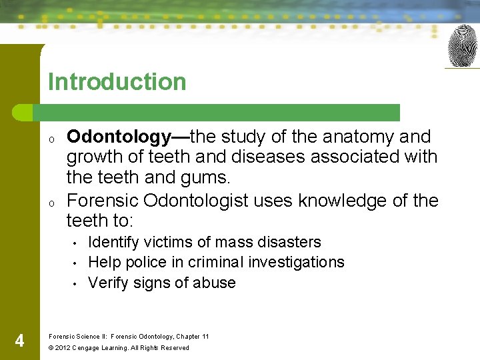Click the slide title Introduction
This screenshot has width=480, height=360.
[117, 82]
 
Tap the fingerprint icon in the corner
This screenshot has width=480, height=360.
[462, 45]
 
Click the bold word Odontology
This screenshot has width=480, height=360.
[119, 137]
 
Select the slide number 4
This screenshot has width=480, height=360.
[19, 341]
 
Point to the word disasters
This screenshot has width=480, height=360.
[291, 242]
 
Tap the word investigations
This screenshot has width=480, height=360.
[300, 262]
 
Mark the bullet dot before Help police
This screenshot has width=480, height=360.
[77, 263]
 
